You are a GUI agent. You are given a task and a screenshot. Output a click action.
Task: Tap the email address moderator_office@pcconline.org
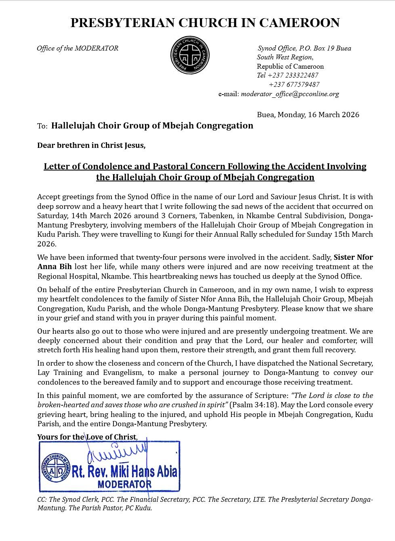290,94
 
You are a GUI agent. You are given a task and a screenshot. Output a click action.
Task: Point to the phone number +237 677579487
294,84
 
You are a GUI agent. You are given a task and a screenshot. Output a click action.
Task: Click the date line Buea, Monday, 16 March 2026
308,115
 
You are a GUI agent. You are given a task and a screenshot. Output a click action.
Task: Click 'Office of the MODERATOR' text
78,48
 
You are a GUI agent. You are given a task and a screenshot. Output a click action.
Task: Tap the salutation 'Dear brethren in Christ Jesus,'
91,145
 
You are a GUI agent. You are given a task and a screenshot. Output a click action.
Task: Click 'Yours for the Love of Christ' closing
87,437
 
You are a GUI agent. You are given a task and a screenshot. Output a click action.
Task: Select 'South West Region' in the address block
284,57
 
